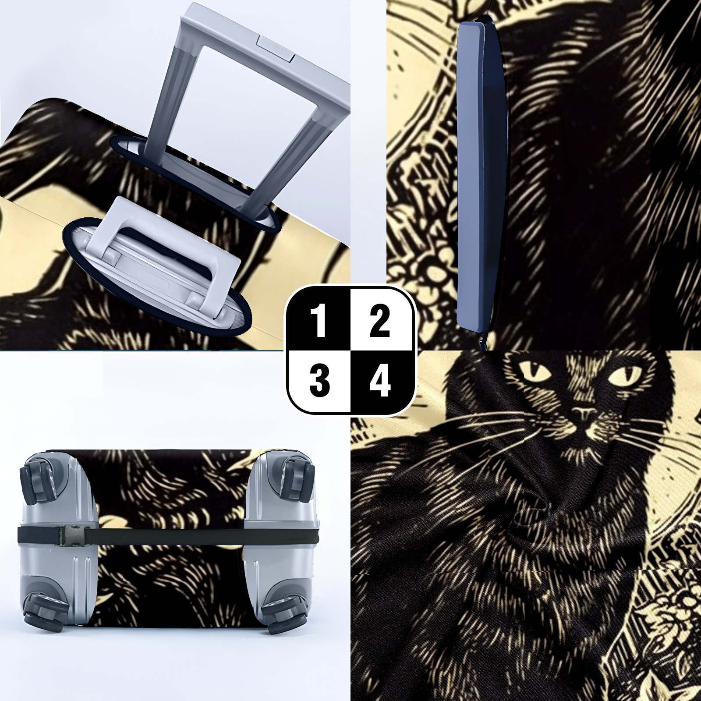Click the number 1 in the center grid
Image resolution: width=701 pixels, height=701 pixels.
(320, 322)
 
